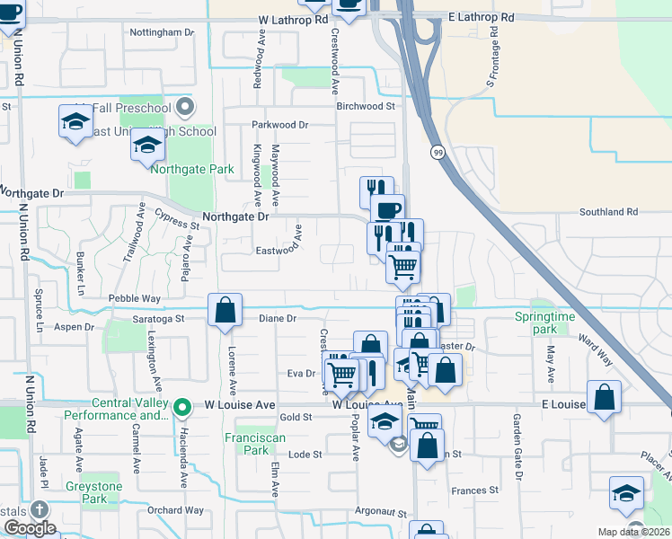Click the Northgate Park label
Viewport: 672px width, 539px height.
[192, 169]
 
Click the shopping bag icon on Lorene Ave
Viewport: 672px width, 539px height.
[225, 310]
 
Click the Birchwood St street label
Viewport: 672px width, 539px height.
[366, 106]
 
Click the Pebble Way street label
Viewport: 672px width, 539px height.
[134, 297]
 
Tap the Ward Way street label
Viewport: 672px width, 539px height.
[595, 349]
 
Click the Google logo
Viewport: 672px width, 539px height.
[30, 528]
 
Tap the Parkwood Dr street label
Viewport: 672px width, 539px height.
[279, 125]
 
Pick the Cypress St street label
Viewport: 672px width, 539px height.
[175, 217]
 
